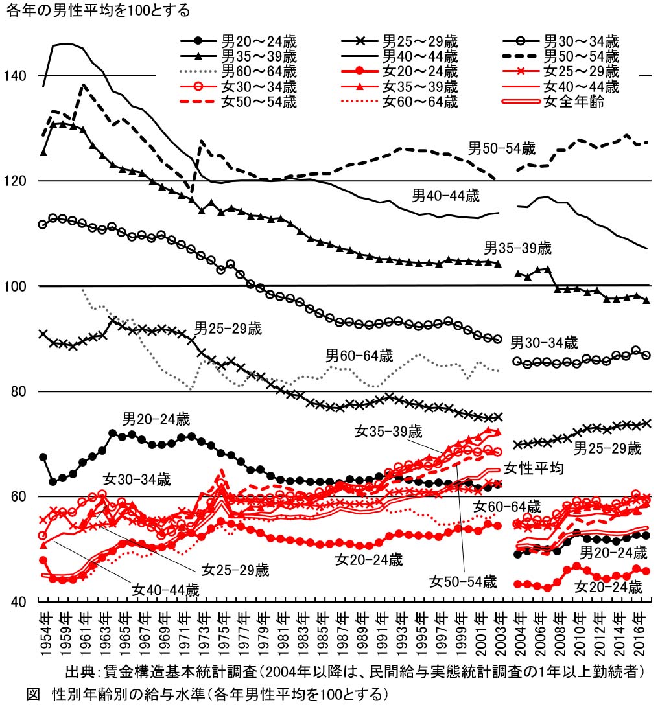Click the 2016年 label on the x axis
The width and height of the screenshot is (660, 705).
tap(639, 632)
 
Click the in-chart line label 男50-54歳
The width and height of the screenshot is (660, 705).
tap(502, 146)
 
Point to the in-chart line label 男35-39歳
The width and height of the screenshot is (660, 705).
tap(518, 248)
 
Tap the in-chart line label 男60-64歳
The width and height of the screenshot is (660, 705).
tap(359, 355)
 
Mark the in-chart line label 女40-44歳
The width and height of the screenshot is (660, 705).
tap(165, 590)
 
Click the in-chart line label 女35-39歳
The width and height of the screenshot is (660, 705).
tap(388, 430)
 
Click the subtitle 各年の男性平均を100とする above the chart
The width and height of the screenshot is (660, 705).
tap(98, 10)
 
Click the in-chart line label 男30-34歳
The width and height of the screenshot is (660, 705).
tap(544, 342)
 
